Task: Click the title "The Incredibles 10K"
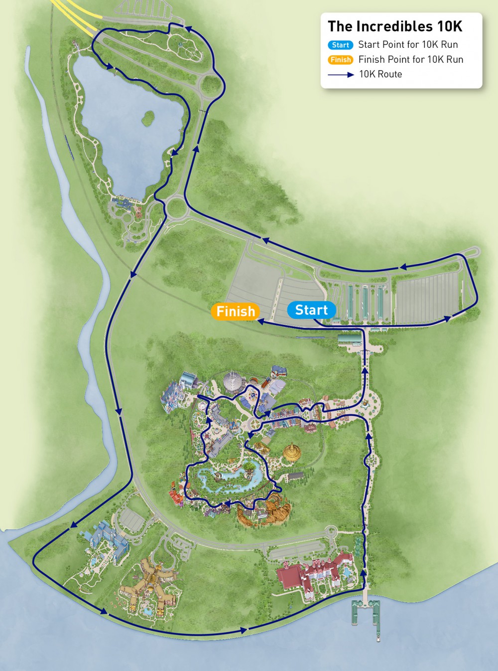pyautogui.click(x=395, y=26)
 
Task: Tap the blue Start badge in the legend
pyautogui.click(x=341, y=45)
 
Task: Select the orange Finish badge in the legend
pyautogui.click(x=341, y=60)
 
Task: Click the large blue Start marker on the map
pyautogui.click(x=311, y=310)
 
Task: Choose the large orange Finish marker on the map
pyautogui.click(x=236, y=312)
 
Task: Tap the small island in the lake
pyautogui.click(x=148, y=118)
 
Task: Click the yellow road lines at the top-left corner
pyautogui.click(x=75, y=15)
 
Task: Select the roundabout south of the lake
pyautogui.click(x=176, y=207)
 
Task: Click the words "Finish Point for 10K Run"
pyautogui.click(x=411, y=60)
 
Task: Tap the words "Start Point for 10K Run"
pyautogui.click(x=408, y=45)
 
